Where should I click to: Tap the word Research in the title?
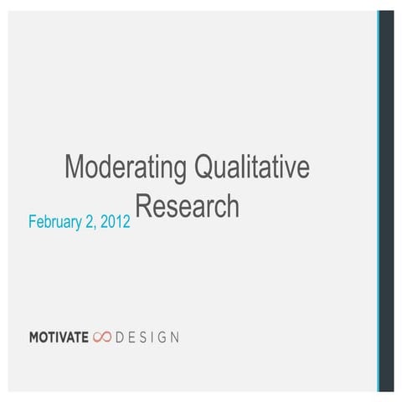[x=187, y=207]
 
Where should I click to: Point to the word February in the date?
[x=55, y=224]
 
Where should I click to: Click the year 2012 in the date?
[x=115, y=224]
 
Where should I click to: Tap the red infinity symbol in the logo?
[x=102, y=338]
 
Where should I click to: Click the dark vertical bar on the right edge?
[x=386, y=201]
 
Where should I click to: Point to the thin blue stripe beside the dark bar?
[x=378, y=201]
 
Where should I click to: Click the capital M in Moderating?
[x=74, y=167]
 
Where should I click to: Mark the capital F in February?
[x=32, y=224]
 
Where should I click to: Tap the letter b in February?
[x=49, y=224]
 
